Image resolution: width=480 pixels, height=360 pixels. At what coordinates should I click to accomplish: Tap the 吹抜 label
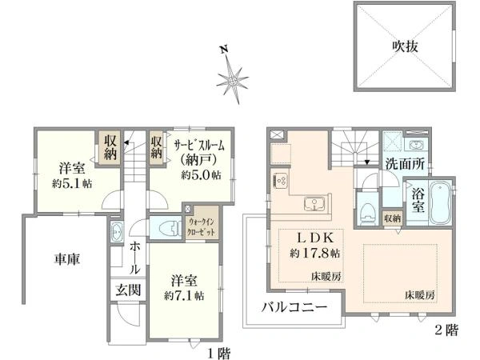tap(406, 46)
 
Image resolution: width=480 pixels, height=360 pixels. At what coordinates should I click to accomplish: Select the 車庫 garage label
tap(67, 258)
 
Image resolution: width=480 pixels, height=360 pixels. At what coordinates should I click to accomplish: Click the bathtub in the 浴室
tap(441, 204)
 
